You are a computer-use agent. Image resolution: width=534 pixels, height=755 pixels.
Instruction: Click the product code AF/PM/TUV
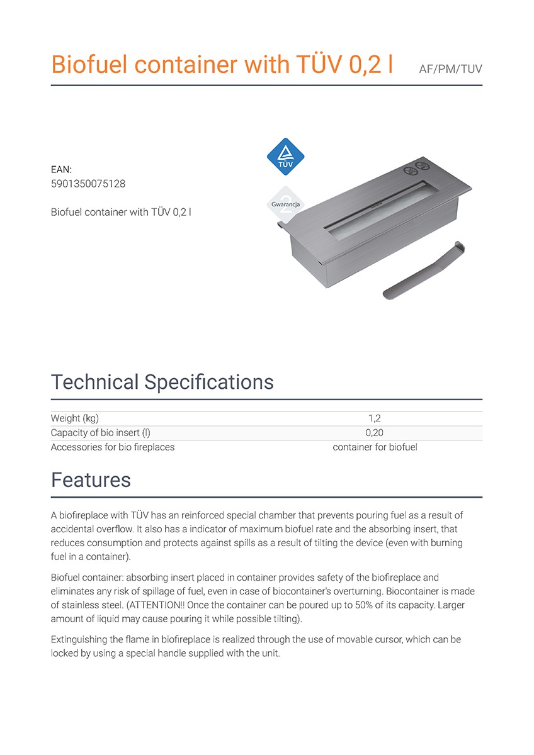[x=450, y=69]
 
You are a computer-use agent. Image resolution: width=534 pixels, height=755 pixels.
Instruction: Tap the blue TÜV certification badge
[x=287, y=157]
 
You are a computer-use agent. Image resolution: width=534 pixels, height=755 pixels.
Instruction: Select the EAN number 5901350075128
[x=88, y=183]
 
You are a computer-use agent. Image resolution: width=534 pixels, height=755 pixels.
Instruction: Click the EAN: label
[x=61, y=169]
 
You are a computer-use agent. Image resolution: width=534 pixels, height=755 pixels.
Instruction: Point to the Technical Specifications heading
[x=162, y=382]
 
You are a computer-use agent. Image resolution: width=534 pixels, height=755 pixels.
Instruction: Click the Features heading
[x=91, y=480]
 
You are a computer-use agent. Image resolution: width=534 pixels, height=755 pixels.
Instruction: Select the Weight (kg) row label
[x=75, y=418]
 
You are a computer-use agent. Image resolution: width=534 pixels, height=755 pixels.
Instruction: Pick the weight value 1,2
[x=375, y=418]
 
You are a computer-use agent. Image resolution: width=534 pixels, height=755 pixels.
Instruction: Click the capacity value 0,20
[x=375, y=433]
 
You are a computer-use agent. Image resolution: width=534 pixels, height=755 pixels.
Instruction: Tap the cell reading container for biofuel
[x=375, y=447]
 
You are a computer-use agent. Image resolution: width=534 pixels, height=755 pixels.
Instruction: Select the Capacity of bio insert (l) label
[x=101, y=433]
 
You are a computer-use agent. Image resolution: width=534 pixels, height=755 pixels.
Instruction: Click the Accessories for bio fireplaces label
[x=113, y=447]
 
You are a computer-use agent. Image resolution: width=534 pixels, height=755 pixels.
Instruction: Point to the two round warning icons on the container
[x=411, y=169]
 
